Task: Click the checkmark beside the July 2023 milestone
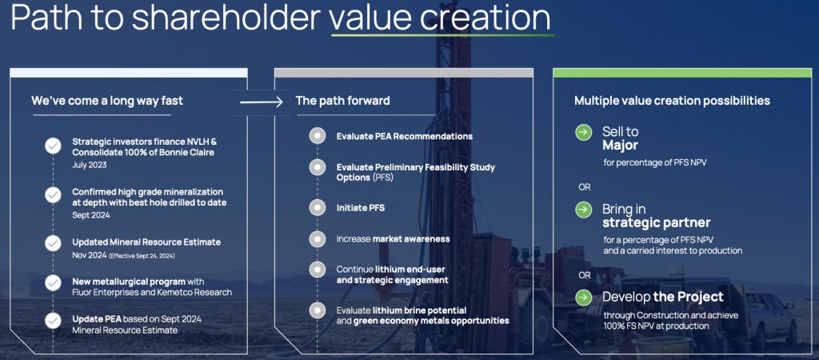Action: [x=53, y=146]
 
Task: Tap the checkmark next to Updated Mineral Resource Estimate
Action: [x=53, y=243]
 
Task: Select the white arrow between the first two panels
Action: [x=262, y=102]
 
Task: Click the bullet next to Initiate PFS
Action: [x=317, y=208]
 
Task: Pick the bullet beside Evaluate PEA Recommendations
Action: [x=317, y=136]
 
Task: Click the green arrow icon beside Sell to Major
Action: [x=583, y=132]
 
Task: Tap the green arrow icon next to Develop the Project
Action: [x=583, y=298]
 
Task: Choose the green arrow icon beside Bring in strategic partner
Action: [x=583, y=210]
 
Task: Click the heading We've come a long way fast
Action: [x=107, y=100]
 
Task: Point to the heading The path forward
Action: [x=342, y=100]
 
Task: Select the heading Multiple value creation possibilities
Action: [x=672, y=100]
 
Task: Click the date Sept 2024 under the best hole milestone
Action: [x=91, y=214]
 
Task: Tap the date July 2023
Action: [x=90, y=165]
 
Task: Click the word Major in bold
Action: [x=621, y=145]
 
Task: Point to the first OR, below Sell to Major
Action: [x=585, y=187]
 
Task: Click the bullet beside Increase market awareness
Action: [x=317, y=238]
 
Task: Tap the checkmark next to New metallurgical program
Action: [x=53, y=282]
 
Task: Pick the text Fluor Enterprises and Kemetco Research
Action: [x=152, y=293]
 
